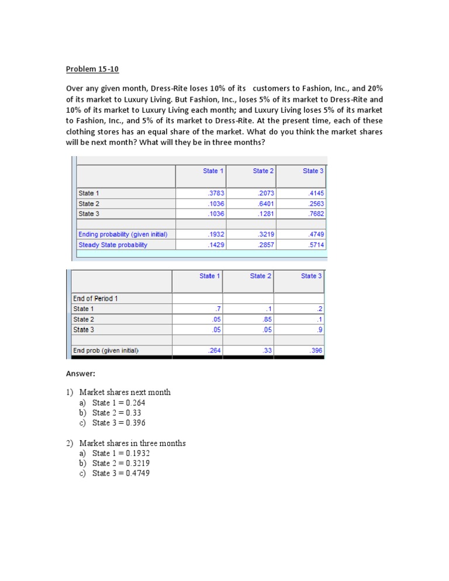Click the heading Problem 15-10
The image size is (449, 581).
tap(92, 69)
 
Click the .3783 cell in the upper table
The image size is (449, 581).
tap(216, 193)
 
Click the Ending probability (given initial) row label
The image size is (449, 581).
tap(123, 234)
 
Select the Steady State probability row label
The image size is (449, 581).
tap(113, 245)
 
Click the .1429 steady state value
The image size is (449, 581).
tap(216, 245)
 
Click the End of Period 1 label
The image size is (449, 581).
tap(95, 299)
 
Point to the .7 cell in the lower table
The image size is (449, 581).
tap(217, 309)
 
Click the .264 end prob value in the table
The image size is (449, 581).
tap(214, 351)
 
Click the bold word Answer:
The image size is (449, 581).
tap(80, 373)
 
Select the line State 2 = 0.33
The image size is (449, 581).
tap(117, 413)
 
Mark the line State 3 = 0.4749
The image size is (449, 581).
tap(121, 473)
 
